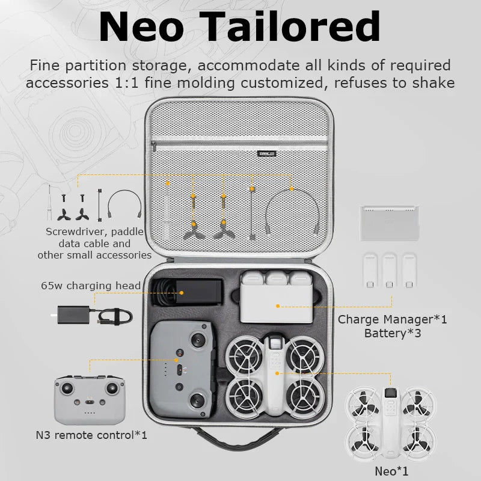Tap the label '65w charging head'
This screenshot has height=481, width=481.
[91, 285]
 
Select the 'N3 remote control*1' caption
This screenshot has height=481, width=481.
[92, 434]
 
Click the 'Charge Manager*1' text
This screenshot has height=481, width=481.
[393, 319]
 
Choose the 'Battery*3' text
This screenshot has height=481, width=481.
[393, 332]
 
